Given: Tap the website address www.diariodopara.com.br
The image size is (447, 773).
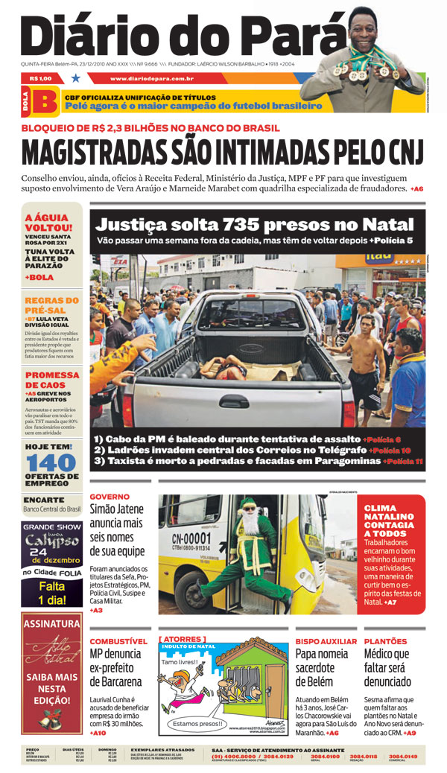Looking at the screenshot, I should coord(151,78).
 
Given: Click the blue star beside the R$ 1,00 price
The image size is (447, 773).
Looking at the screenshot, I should coord(75,78).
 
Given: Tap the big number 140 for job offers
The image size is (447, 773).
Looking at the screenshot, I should coord(52,462).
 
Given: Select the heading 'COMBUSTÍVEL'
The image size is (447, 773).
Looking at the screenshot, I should coord(118,641).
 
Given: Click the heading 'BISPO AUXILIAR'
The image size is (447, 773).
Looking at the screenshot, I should coord(326,641).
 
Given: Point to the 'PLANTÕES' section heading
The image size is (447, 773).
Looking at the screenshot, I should coord(385,641).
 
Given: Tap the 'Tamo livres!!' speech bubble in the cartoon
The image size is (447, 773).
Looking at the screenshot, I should coord(180,662).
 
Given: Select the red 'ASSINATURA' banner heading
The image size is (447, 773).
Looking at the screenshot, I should coord(52,623).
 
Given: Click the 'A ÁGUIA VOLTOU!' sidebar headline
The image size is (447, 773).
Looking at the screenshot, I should coord(49,223).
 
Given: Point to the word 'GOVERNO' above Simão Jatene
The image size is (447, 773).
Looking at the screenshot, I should coord(110,496).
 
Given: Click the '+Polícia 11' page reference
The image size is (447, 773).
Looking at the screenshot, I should coord(403,462).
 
